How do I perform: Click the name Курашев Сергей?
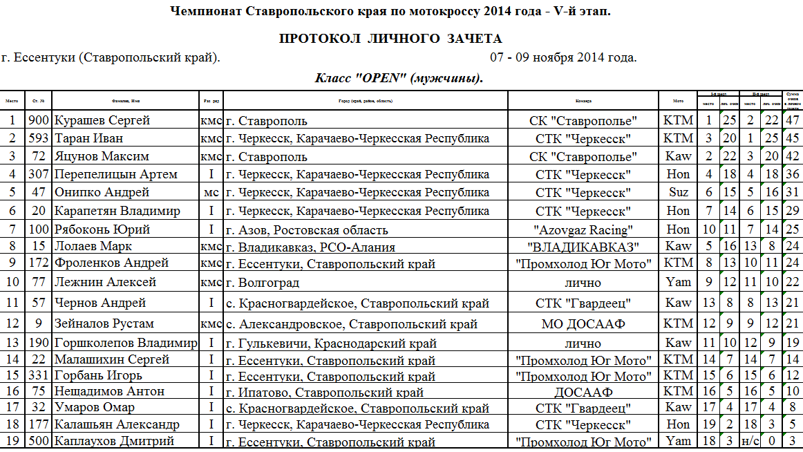click(x=102, y=120)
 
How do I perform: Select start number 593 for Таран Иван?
click(x=39, y=138)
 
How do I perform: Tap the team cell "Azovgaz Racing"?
click(x=583, y=229)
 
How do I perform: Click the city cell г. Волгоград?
click(x=263, y=282)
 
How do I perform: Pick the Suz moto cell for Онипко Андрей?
click(x=678, y=192)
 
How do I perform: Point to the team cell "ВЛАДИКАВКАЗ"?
click(x=583, y=246)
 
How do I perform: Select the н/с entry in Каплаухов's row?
click(x=750, y=441)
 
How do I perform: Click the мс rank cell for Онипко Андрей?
click(x=211, y=192)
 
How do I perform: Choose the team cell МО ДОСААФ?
click(x=583, y=323)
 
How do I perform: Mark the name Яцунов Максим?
click(x=102, y=156)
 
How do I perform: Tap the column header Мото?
click(x=678, y=101)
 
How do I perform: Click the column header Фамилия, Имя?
click(x=126, y=101)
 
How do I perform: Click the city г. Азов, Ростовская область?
click(x=307, y=229)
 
